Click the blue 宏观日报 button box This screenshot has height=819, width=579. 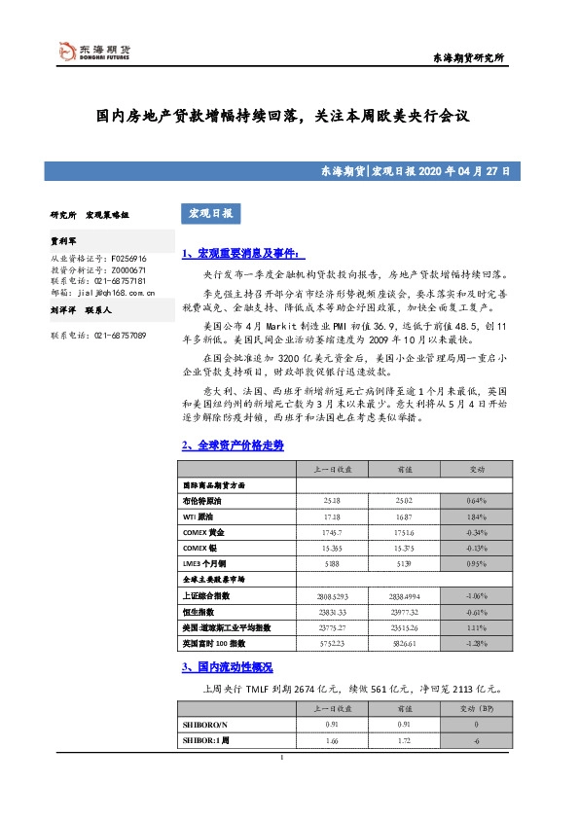[x=209, y=213]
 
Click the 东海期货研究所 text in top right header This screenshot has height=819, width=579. [x=467, y=59]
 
